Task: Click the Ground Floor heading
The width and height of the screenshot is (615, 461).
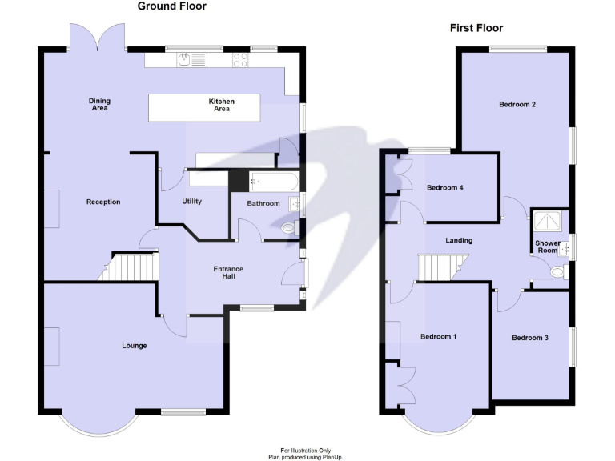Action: pos(171,6)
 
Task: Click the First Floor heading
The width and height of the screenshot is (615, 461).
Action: pos(476,28)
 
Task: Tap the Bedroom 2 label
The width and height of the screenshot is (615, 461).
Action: pos(517,104)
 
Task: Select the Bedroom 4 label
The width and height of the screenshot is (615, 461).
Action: pos(444,188)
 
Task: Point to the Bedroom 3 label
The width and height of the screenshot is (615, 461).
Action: pos(529,338)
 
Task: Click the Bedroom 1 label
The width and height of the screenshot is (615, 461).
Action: pos(438,336)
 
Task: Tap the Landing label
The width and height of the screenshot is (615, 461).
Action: pos(459,240)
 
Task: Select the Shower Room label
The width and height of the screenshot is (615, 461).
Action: pos(547,247)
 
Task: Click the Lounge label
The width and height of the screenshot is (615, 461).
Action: pos(134,346)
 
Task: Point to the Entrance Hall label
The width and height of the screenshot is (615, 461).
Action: pos(227,272)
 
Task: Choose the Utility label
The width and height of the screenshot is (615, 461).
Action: pos(192,202)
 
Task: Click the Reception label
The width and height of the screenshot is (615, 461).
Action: pos(103,202)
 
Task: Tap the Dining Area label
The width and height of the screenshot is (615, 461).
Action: pos(99,104)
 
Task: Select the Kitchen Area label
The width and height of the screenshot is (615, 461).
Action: pos(221,105)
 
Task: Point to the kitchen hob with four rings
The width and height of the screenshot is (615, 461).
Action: pos(240,58)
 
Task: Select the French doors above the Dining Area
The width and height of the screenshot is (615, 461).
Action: pos(97,36)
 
